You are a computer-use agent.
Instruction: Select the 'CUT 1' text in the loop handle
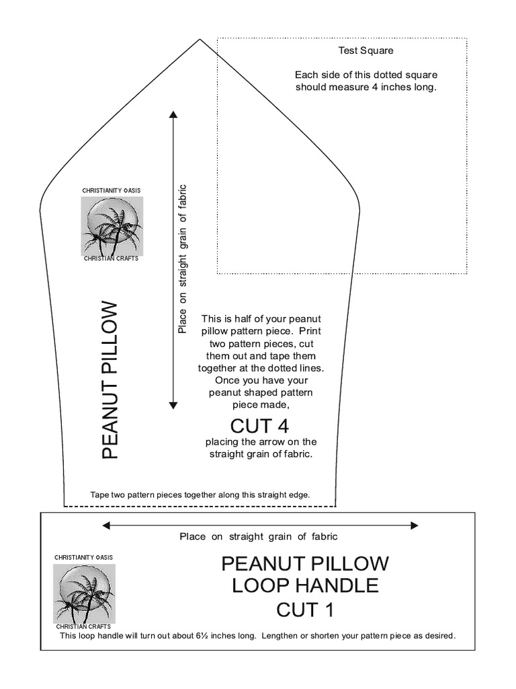[x=305, y=610]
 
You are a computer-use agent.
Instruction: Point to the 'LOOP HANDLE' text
[x=305, y=585]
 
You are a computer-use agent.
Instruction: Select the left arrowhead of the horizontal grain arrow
[x=106, y=525]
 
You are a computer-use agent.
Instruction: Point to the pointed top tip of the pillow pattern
[x=200, y=40]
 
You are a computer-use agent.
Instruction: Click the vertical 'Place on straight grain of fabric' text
[x=181, y=259]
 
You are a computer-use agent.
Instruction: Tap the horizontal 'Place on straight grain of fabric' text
[x=258, y=537]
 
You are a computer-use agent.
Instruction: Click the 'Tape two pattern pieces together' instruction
[x=200, y=495]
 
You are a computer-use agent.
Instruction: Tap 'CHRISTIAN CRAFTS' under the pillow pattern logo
[x=111, y=259]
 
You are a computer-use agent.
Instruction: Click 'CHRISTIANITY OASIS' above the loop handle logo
[x=84, y=558]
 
